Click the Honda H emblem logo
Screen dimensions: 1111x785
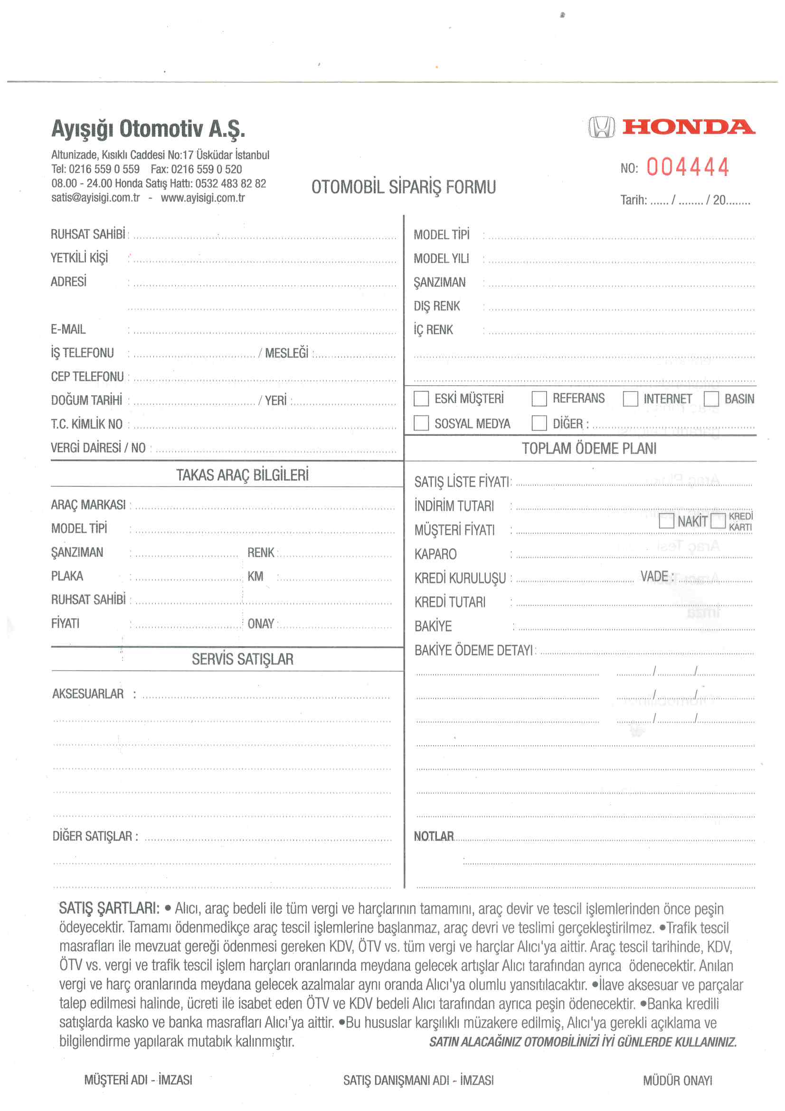(601, 127)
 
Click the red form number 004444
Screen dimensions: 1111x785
(687, 167)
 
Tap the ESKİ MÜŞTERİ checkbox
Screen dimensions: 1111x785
(421, 399)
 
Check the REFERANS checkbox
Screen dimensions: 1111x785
(539, 399)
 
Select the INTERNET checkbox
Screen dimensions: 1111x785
(630, 399)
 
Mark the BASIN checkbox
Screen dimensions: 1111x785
(711, 399)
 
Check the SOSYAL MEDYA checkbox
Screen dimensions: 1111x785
(421, 423)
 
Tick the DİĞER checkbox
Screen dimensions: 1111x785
(539, 423)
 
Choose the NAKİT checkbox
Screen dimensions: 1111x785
(666, 521)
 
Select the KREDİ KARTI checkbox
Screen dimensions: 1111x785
(718, 521)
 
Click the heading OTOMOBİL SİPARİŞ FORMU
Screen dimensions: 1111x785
(403, 187)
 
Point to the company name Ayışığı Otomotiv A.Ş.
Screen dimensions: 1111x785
(148, 129)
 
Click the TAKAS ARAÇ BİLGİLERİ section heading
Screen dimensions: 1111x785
(242, 475)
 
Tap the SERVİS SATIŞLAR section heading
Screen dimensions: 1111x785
(242, 659)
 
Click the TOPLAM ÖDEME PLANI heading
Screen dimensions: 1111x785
(589, 449)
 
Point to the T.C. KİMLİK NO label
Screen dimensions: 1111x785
(86, 424)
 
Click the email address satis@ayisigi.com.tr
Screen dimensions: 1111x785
(95, 198)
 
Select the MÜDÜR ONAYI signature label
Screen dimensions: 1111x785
(677, 1080)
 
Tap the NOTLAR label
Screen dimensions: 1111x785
(434, 836)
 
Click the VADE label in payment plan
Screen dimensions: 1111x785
(654, 576)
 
